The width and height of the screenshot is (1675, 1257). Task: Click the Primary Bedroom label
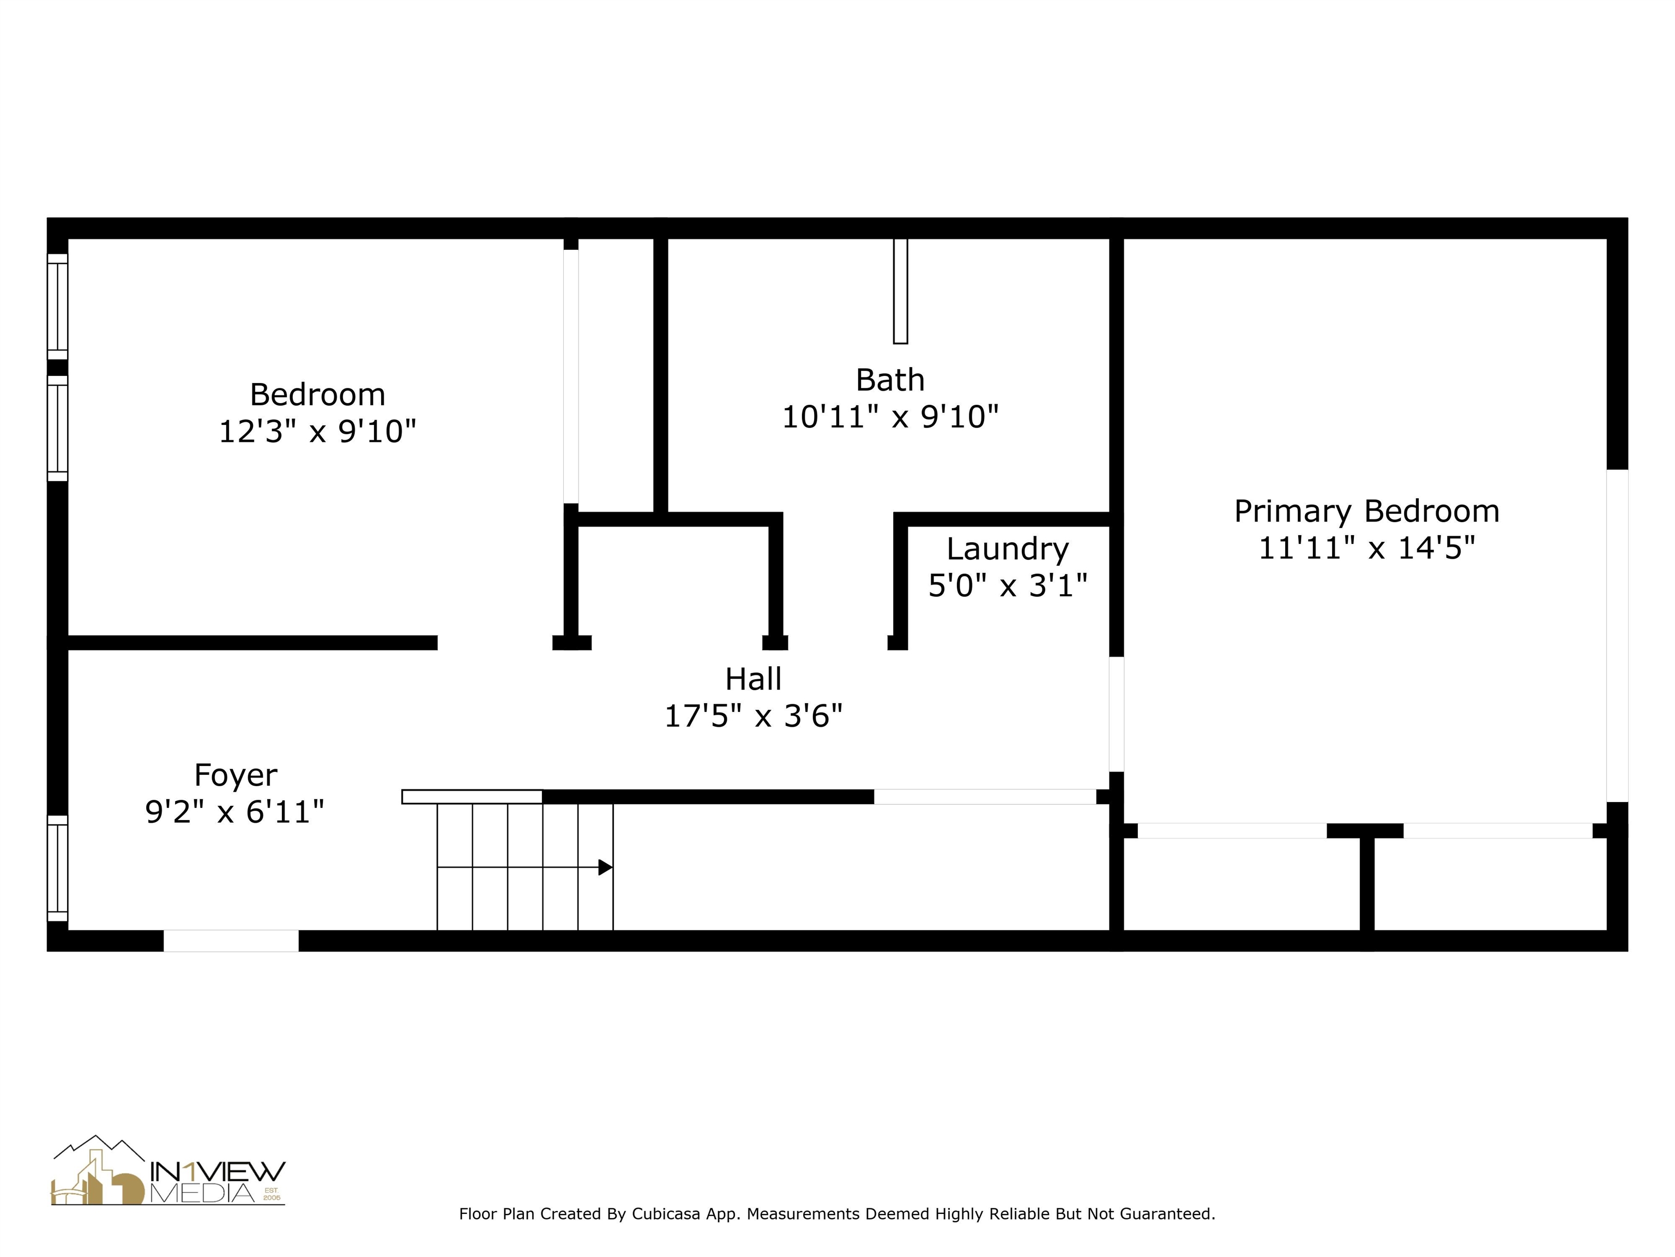1366,511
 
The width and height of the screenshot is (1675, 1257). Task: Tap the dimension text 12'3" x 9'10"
317,432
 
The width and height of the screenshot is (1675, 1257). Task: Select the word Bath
890,380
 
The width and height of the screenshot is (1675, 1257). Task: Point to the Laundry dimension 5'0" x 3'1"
1007,586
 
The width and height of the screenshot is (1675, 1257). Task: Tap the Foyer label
236,775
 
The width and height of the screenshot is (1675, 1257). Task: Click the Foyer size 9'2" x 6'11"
235,812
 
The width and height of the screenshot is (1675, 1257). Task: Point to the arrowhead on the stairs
605,867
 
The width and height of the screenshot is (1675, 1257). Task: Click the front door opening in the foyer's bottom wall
231,940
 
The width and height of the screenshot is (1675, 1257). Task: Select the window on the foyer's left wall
58,869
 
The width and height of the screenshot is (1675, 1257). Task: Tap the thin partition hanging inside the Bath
900,291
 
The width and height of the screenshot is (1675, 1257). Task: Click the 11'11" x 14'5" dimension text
1366,548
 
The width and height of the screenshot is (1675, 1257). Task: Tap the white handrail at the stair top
472,797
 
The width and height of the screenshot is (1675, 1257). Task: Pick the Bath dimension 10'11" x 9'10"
890,417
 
